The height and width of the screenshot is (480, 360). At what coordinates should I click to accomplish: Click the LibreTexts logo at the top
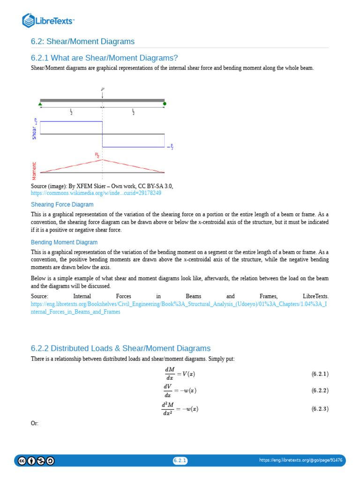[x=48, y=20]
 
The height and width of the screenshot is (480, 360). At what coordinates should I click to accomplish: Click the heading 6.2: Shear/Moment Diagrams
[x=82, y=42]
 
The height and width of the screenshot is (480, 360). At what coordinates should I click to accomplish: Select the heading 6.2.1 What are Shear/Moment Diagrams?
[x=104, y=58]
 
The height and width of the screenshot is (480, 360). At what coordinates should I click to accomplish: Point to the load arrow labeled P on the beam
[x=102, y=94]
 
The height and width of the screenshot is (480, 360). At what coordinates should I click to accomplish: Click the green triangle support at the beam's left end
[x=40, y=104]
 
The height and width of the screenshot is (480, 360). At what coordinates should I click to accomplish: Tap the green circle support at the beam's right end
[x=165, y=104]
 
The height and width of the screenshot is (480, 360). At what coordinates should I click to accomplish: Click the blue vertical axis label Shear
[x=34, y=133]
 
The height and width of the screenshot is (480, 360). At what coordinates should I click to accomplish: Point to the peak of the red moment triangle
[x=102, y=160]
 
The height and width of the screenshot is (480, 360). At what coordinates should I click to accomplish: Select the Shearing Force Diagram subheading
[x=62, y=205]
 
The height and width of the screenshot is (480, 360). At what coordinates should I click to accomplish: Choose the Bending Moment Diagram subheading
[x=64, y=242]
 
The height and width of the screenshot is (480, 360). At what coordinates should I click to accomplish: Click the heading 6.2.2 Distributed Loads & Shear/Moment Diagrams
[x=120, y=348]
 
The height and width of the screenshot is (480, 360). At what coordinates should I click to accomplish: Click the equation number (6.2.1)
[x=320, y=374]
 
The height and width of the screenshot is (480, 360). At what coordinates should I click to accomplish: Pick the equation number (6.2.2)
[x=320, y=390]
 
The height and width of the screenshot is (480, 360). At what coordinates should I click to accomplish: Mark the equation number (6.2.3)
[x=320, y=409]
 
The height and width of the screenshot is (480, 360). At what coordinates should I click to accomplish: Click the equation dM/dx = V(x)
[x=180, y=374]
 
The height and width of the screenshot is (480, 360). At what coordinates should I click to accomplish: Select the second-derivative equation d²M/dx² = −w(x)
[x=180, y=409]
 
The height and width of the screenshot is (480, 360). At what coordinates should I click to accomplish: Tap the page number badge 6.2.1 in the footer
[x=180, y=461]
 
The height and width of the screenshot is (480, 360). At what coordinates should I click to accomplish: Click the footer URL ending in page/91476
[x=300, y=461]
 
